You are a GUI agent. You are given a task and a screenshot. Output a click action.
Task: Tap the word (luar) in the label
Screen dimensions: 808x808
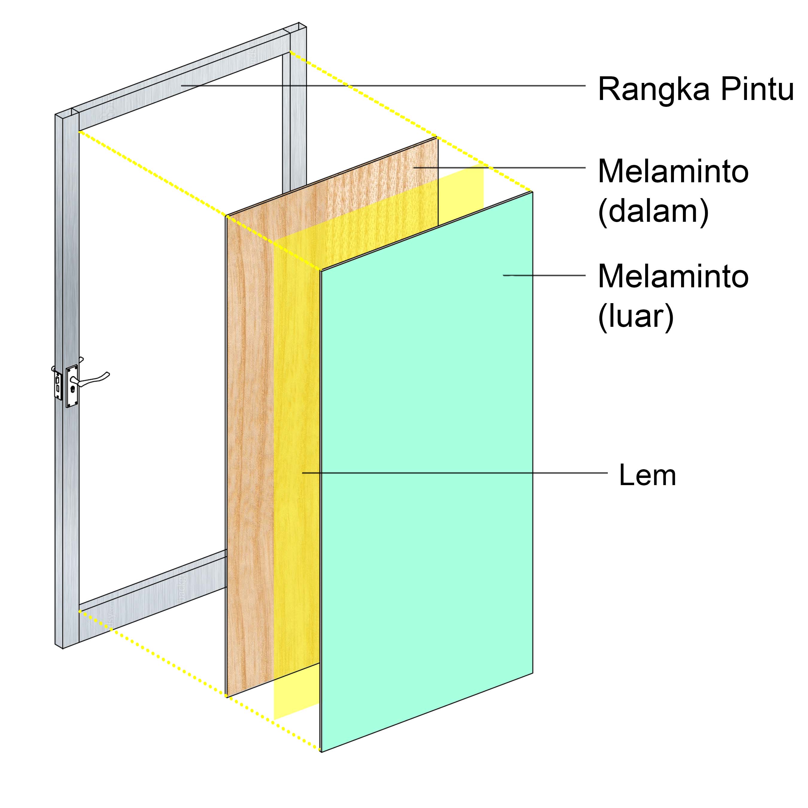coord(636,317)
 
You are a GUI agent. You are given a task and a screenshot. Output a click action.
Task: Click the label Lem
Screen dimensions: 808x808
coord(647,475)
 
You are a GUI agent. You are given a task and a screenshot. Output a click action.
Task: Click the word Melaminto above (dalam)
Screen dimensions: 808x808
coord(673,171)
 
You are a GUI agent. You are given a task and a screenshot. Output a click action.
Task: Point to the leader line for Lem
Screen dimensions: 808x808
coord(455,473)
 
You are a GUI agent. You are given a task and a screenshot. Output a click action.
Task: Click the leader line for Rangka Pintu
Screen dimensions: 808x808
coord(383,86)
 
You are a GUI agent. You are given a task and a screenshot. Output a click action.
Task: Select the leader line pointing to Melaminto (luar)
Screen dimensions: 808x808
coord(544,276)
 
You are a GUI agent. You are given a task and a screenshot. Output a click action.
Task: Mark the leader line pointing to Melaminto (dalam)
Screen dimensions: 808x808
coord(499,168)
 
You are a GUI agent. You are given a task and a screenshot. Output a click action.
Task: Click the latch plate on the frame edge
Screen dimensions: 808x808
coord(58,385)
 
